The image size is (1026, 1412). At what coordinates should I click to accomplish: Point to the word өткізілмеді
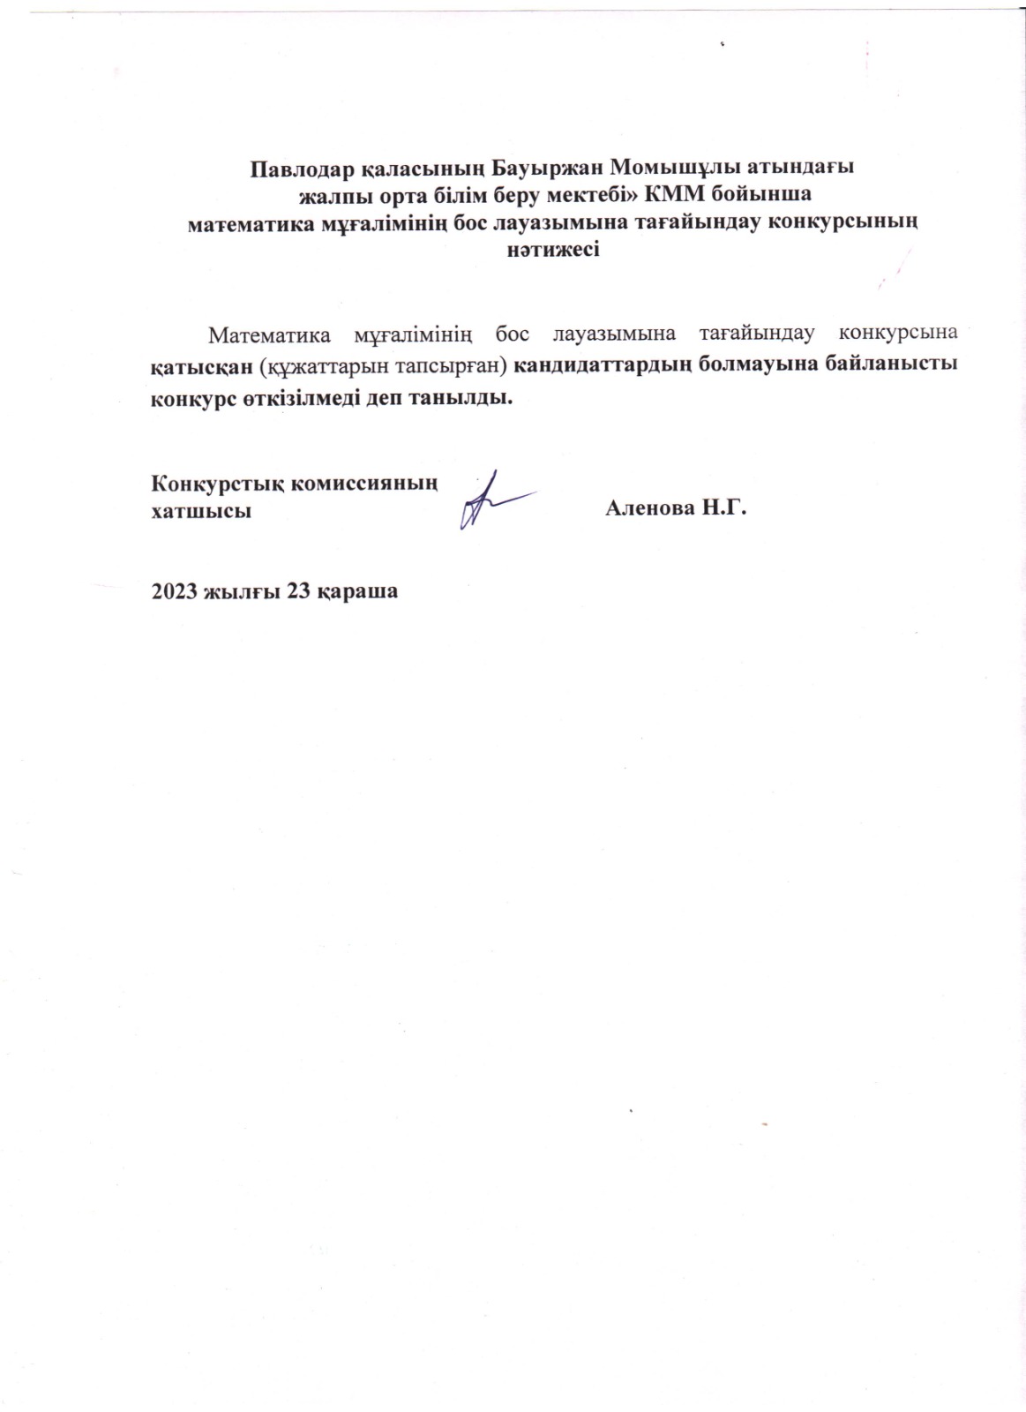[x=300, y=396]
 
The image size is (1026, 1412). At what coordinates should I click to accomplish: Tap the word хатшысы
[x=200, y=511]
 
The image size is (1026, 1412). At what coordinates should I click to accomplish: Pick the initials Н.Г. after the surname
[x=723, y=509]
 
